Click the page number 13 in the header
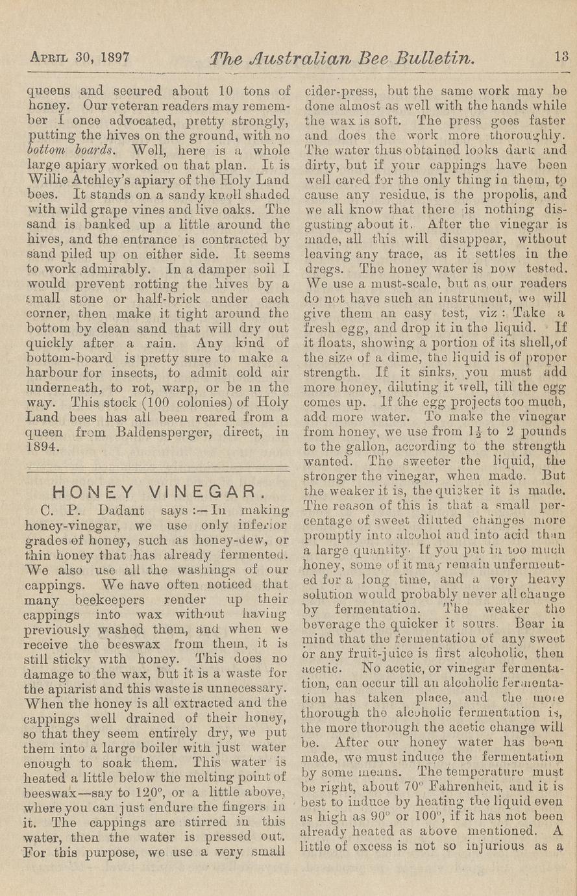click(x=561, y=56)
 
